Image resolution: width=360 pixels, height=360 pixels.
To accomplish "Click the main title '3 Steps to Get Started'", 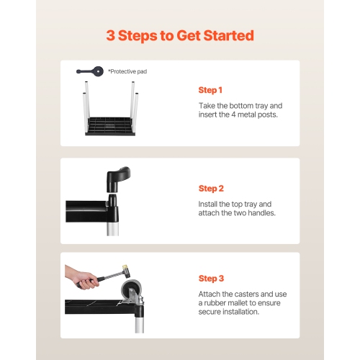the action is pos(180,35).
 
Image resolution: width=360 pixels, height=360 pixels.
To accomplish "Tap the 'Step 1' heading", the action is pos(210,90).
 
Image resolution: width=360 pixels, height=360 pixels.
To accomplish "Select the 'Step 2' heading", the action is pos(211,189).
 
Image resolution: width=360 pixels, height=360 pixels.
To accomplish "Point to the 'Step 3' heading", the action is pos(211,279).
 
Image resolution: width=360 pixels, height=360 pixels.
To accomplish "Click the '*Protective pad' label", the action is pos(127,71).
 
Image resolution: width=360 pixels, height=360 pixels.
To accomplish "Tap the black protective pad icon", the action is pos(90,71).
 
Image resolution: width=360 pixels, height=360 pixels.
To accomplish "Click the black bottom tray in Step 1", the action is pos(110,126).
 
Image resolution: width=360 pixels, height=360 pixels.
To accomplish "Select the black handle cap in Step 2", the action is pos(118,179).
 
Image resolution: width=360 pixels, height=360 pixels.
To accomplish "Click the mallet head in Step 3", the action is pos(127,271).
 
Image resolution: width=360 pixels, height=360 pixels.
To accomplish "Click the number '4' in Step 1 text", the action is pos(233,114).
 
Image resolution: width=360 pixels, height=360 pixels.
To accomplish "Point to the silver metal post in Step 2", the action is pos(112,228).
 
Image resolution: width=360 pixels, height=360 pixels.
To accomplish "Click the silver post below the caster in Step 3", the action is pos(140,325).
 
